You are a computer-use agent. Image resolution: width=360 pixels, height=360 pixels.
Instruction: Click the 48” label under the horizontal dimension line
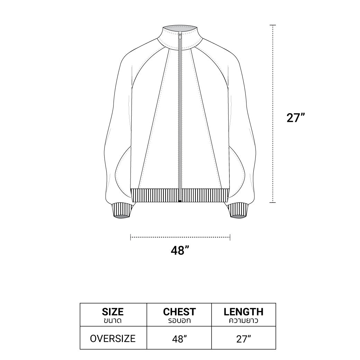click(180, 250)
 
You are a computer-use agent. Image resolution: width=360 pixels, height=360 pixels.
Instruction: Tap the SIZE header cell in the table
click(114, 315)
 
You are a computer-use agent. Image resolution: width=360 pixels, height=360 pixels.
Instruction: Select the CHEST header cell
click(179, 315)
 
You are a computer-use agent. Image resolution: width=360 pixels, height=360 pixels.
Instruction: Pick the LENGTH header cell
click(244, 315)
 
